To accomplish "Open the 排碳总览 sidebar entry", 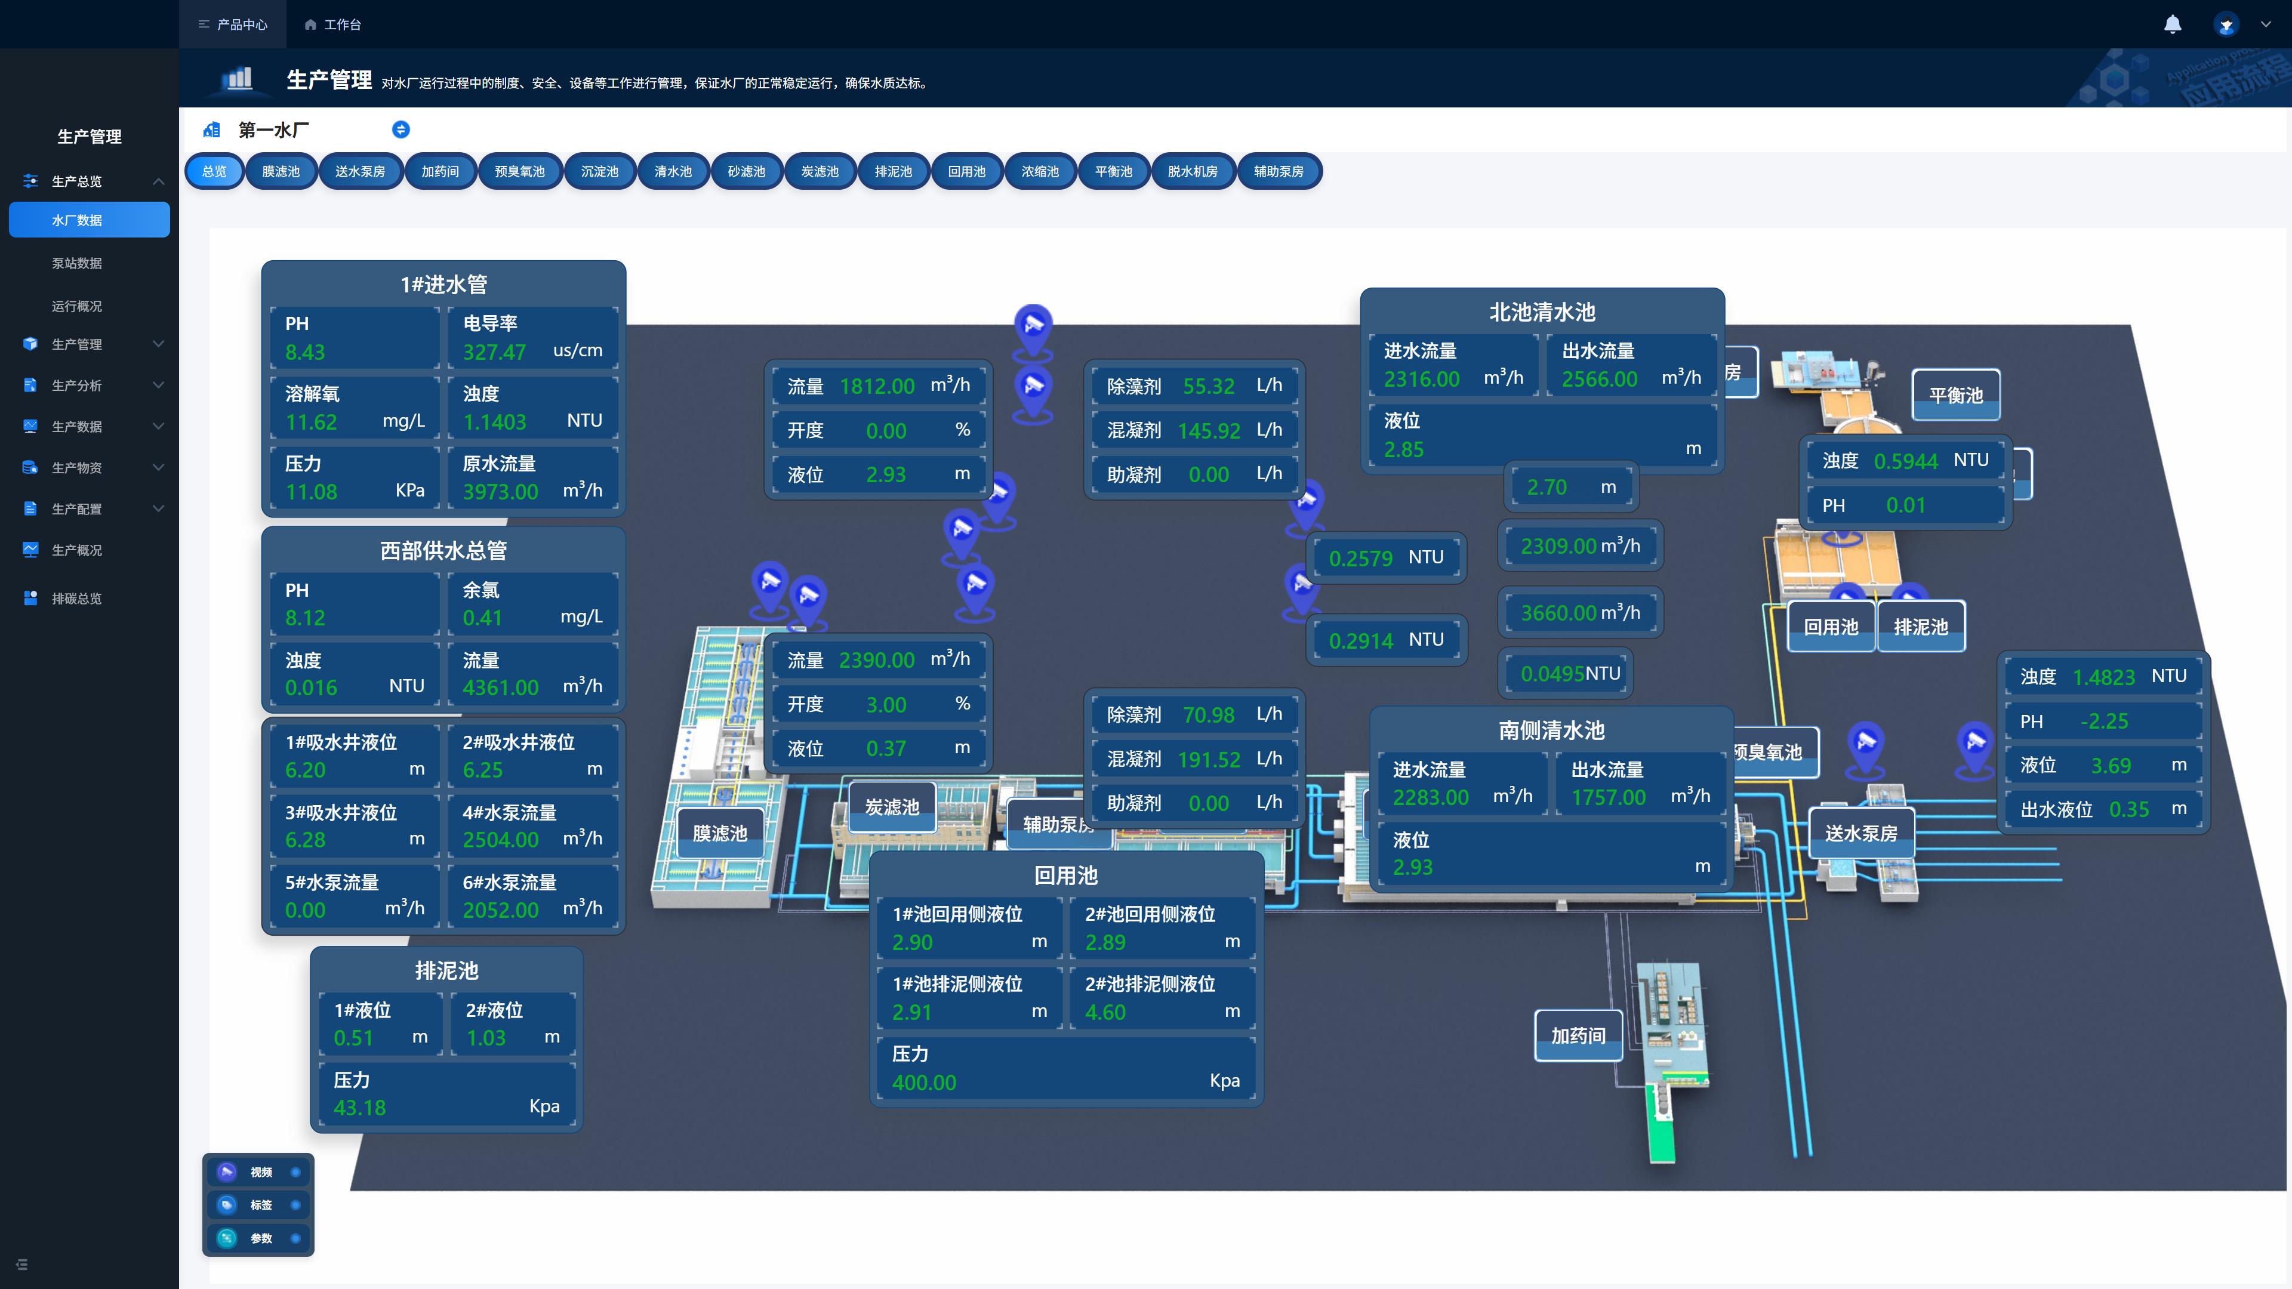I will click(x=76, y=599).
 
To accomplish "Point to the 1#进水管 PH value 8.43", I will click(x=304, y=352).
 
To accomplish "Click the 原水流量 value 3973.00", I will click(x=500, y=492).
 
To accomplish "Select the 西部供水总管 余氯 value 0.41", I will click(x=482, y=618).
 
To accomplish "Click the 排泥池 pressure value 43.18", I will click(x=359, y=1108).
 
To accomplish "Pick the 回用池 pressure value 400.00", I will click(x=923, y=1083).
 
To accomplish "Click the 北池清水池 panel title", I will click(x=1542, y=312).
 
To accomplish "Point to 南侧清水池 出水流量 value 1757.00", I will click(x=1608, y=797).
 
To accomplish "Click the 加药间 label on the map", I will click(x=1578, y=1035).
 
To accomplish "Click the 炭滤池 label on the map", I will click(x=892, y=807).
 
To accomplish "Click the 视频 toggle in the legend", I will click(x=295, y=1173).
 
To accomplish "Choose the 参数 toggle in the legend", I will click(x=295, y=1238).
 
